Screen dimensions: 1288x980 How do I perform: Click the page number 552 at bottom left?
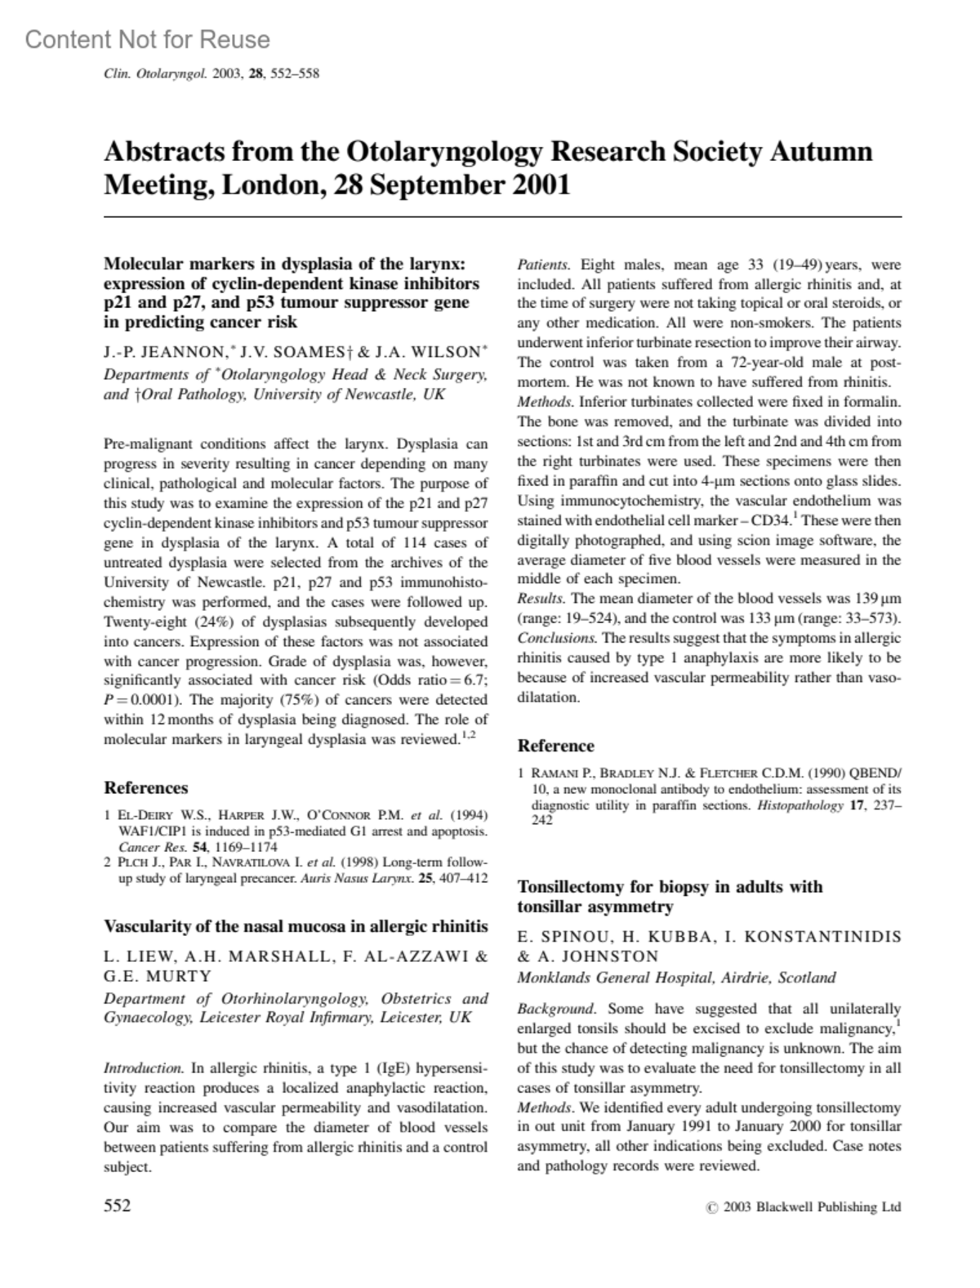(118, 1206)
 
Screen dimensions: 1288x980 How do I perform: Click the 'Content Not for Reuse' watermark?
(147, 39)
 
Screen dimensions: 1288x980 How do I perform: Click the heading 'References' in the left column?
(145, 787)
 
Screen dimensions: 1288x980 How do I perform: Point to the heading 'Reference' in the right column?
(555, 746)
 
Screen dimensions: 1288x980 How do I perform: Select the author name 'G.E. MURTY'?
(158, 976)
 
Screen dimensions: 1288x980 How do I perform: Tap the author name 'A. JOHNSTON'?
(597, 956)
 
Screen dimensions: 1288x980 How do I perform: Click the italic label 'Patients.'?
(543, 265)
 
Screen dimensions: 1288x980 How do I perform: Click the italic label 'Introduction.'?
(143, 1068)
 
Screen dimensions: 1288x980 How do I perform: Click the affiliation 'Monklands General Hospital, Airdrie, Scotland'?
(676, 978)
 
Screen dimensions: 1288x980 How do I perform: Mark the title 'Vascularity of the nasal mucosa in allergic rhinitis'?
(296, 926)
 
